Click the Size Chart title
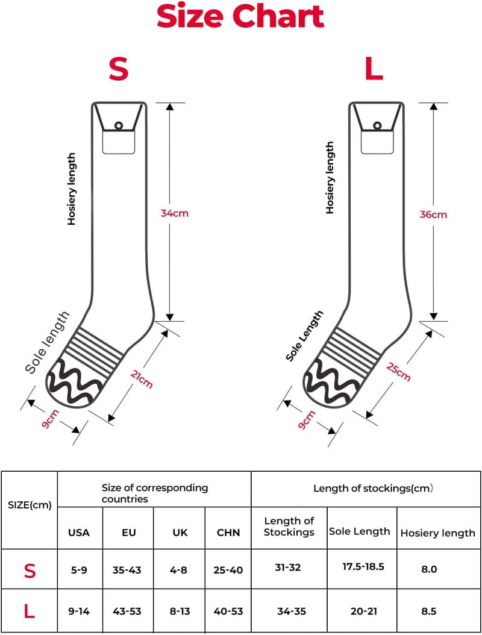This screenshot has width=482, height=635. click(240, 16)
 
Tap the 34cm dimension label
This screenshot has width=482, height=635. click(175, 213)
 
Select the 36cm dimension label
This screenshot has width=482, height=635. click(433, 214)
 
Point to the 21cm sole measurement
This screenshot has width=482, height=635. click(142, 380)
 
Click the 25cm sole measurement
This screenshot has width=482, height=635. click(399, 372)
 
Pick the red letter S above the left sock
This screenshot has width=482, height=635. click(119, 69)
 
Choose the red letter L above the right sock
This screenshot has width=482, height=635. click(374, 69)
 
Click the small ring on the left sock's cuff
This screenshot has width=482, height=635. click(119, 125)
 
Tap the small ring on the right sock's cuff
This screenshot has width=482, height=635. click(378, 125)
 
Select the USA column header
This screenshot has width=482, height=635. click(79, 532)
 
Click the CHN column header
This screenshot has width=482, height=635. click(228, 532)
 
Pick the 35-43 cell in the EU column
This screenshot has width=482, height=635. click(127, 570)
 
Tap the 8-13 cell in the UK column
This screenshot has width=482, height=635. click(180, 611)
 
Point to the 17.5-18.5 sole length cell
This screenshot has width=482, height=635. click(363, 566)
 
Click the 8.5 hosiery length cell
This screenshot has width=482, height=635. click(429, 611)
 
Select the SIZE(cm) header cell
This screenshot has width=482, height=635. click(30, 505)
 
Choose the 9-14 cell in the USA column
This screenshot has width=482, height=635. click(79, 611)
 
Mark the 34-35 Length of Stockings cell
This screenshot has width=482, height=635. click(292, 611)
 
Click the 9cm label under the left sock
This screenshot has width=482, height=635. click(51, 419)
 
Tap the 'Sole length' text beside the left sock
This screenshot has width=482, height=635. click(48, 343)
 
